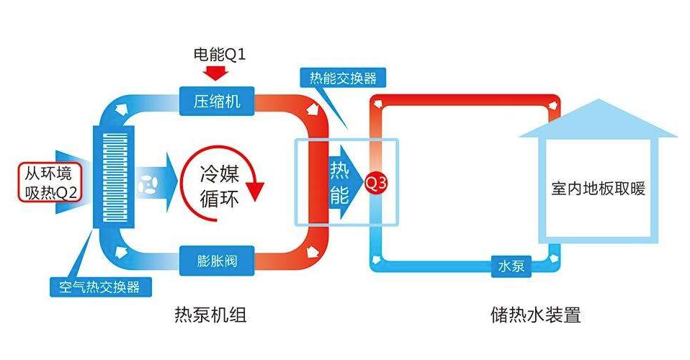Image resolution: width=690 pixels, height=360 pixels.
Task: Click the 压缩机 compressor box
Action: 217,102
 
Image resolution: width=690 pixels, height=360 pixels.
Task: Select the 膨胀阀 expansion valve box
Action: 217,261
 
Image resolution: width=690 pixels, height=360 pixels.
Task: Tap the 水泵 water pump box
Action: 511,266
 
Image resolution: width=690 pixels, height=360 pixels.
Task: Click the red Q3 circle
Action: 376,181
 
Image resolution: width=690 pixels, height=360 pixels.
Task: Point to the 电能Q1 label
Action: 220,55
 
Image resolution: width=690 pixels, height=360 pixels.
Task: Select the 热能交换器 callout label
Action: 343,78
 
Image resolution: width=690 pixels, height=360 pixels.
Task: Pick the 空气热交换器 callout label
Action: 100,287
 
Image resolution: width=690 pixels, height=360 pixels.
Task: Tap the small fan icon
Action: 147,184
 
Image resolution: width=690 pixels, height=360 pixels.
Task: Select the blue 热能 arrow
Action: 345,182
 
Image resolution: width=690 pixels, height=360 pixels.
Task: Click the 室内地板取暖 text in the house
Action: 598,189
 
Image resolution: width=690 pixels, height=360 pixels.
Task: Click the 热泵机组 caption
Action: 210,315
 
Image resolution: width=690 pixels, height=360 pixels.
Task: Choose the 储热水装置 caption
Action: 536,315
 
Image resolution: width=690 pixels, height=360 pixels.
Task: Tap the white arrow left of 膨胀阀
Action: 120,252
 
